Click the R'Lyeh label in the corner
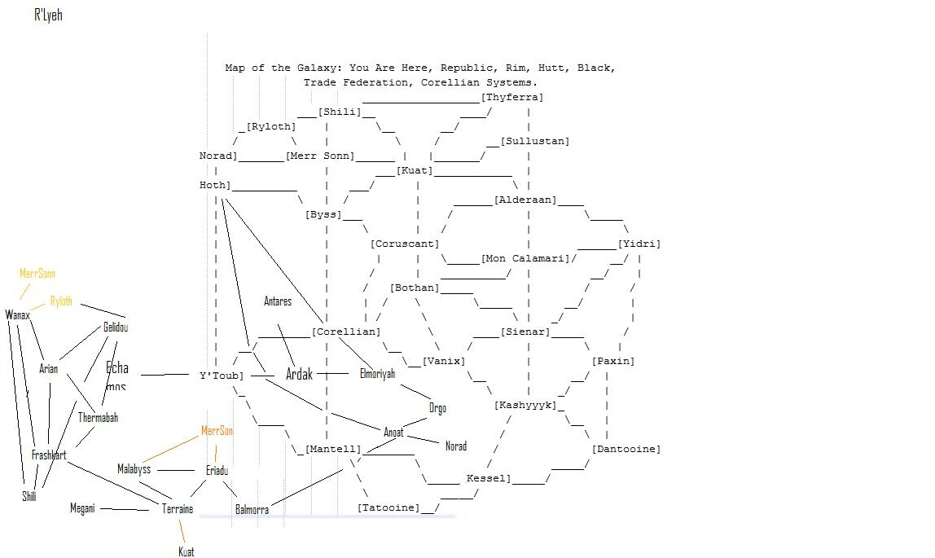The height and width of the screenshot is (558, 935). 48,15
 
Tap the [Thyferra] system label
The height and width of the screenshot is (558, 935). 512,97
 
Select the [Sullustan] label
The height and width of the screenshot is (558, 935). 535,141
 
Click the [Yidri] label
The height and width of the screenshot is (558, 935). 639,244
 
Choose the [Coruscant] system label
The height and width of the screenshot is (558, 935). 405,244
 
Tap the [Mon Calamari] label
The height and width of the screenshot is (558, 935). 525,258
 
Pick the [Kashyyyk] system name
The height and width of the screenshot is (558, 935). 525,405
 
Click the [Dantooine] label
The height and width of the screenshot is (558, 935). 626,449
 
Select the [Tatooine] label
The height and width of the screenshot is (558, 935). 388,507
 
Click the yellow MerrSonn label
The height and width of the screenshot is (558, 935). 37,274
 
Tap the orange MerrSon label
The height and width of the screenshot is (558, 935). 217,431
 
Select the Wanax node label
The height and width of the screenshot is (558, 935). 17,314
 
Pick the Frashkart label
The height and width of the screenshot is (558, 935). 49,455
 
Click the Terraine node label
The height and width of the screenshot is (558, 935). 178,509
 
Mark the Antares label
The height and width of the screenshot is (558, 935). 278,301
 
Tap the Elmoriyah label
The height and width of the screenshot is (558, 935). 377,374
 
